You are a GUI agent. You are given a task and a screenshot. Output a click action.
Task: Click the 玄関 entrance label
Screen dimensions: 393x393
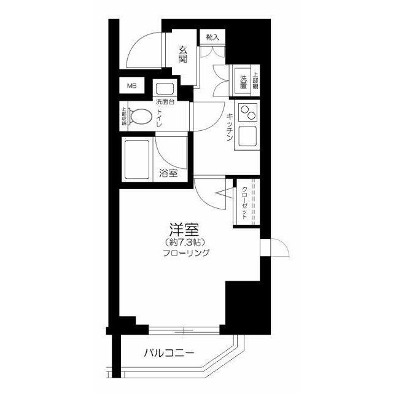pos(183,56)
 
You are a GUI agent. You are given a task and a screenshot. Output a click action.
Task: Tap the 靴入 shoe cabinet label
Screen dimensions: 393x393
pos(212,38)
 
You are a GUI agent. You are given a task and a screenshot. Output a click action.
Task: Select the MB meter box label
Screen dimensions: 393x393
pos(132,86)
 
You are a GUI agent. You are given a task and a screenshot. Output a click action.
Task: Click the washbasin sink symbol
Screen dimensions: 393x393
pos(164,88)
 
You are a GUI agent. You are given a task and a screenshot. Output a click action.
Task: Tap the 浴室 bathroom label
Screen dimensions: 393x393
pos(168,173)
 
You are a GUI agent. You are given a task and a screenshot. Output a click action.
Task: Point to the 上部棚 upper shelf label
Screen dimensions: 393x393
pos(255,79)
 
